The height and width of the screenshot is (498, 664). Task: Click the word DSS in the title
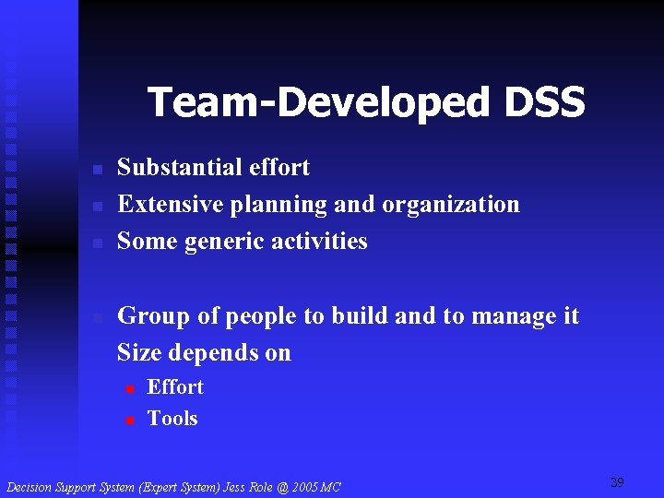(544, 102)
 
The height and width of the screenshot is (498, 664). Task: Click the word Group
(154, 316)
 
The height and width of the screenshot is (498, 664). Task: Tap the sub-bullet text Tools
(172, 419)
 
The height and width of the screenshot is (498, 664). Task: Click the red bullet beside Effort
(130, 388)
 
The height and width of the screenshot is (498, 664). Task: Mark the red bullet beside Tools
(130, 420)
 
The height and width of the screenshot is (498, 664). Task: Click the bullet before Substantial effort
(97, 170)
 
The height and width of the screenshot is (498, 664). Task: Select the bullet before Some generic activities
(97, 243)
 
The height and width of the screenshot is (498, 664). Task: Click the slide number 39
(617, 482)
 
